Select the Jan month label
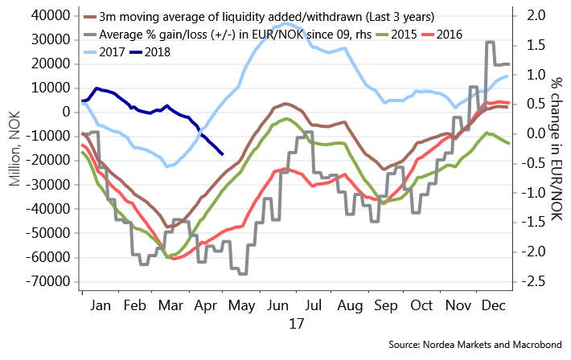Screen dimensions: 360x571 tap(101, 306)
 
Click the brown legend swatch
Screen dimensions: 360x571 tap(91, 16)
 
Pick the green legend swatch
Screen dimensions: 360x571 tap(383, 35)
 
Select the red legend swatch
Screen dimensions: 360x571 tap(428, 35)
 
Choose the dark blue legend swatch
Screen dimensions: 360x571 tap(136, 52)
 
